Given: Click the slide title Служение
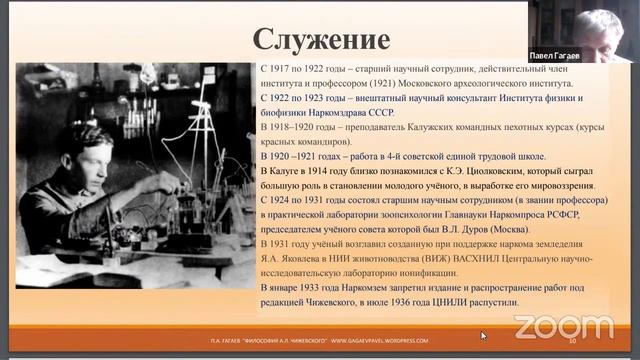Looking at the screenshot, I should click(x=320, y=39).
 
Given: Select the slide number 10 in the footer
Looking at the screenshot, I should click(x=573, y=341).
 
